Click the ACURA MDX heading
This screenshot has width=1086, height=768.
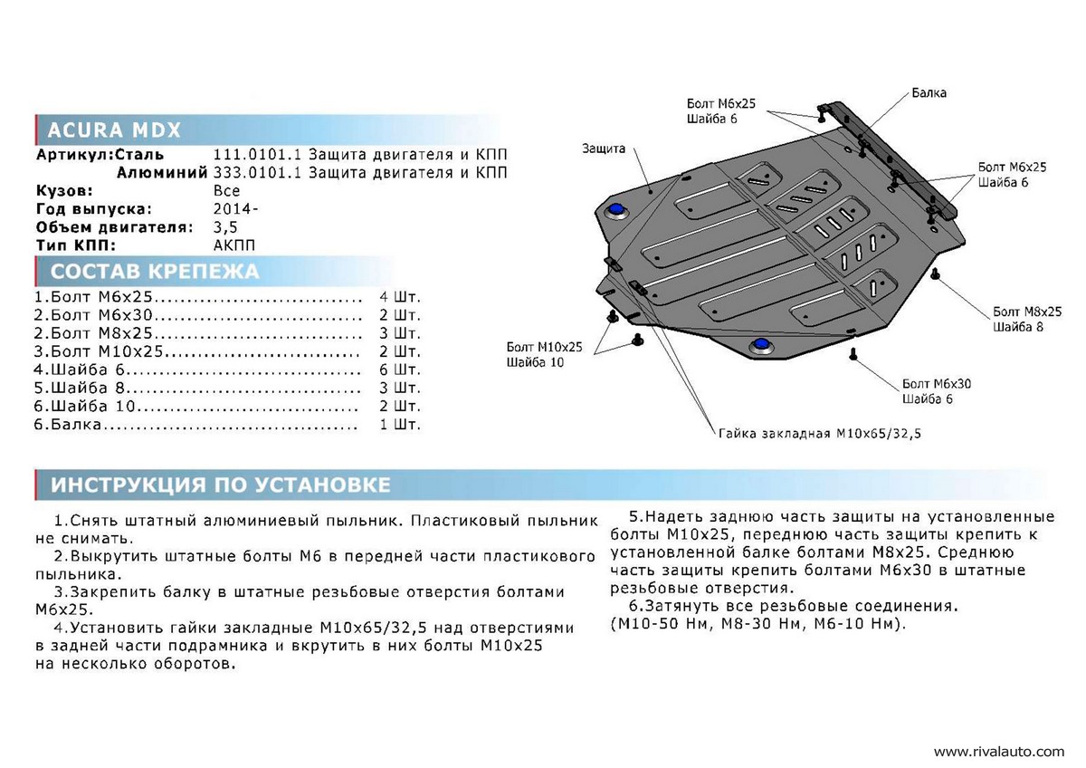114,130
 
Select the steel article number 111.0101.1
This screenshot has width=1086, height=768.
257,155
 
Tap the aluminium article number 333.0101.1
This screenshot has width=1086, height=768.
257,173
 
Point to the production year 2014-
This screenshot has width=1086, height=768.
235,209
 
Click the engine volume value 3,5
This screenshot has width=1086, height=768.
225,227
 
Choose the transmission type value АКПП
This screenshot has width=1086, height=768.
234,245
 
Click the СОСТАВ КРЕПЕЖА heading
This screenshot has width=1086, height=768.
155,271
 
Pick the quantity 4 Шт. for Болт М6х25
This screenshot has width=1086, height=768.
400,297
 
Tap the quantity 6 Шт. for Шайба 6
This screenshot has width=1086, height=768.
400,370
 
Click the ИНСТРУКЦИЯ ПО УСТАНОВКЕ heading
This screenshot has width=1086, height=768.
221,485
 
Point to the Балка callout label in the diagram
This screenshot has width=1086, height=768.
929,92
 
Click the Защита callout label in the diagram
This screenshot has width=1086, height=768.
604,149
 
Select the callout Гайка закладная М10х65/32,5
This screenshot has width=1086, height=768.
819,433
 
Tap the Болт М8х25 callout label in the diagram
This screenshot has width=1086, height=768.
1027,312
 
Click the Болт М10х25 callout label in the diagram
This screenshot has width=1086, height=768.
544,347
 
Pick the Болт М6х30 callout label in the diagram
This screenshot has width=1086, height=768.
936,384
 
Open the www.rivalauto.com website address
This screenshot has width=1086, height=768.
999,752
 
